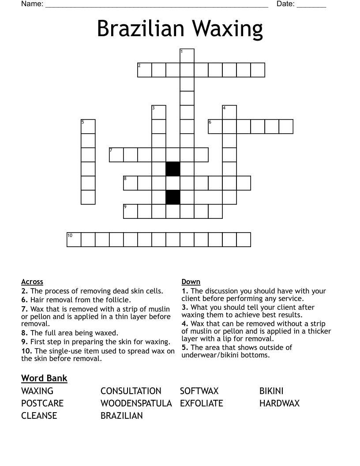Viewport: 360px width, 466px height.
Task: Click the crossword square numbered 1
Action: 187,56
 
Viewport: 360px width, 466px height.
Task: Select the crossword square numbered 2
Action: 145,70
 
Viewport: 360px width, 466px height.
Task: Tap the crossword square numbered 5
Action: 88,127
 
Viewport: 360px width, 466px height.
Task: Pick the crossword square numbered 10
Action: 74,240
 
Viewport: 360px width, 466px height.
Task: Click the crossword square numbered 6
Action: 215,127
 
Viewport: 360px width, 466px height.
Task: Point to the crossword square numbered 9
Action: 131,211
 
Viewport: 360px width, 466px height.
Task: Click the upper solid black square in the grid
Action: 173,169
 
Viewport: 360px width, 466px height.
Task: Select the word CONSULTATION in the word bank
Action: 131,391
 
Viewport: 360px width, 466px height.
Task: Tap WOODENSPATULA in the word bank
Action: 136,403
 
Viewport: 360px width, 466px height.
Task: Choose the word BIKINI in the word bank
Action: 271,391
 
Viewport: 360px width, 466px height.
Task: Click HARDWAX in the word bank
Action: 279,403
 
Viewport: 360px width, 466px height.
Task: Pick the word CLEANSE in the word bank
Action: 39,416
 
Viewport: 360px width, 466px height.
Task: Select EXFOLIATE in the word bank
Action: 201,403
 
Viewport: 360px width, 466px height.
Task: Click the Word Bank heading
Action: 44,378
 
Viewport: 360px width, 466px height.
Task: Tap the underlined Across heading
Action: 32,282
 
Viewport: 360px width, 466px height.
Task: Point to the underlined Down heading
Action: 191,282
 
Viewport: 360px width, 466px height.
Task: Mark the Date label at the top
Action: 285,4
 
